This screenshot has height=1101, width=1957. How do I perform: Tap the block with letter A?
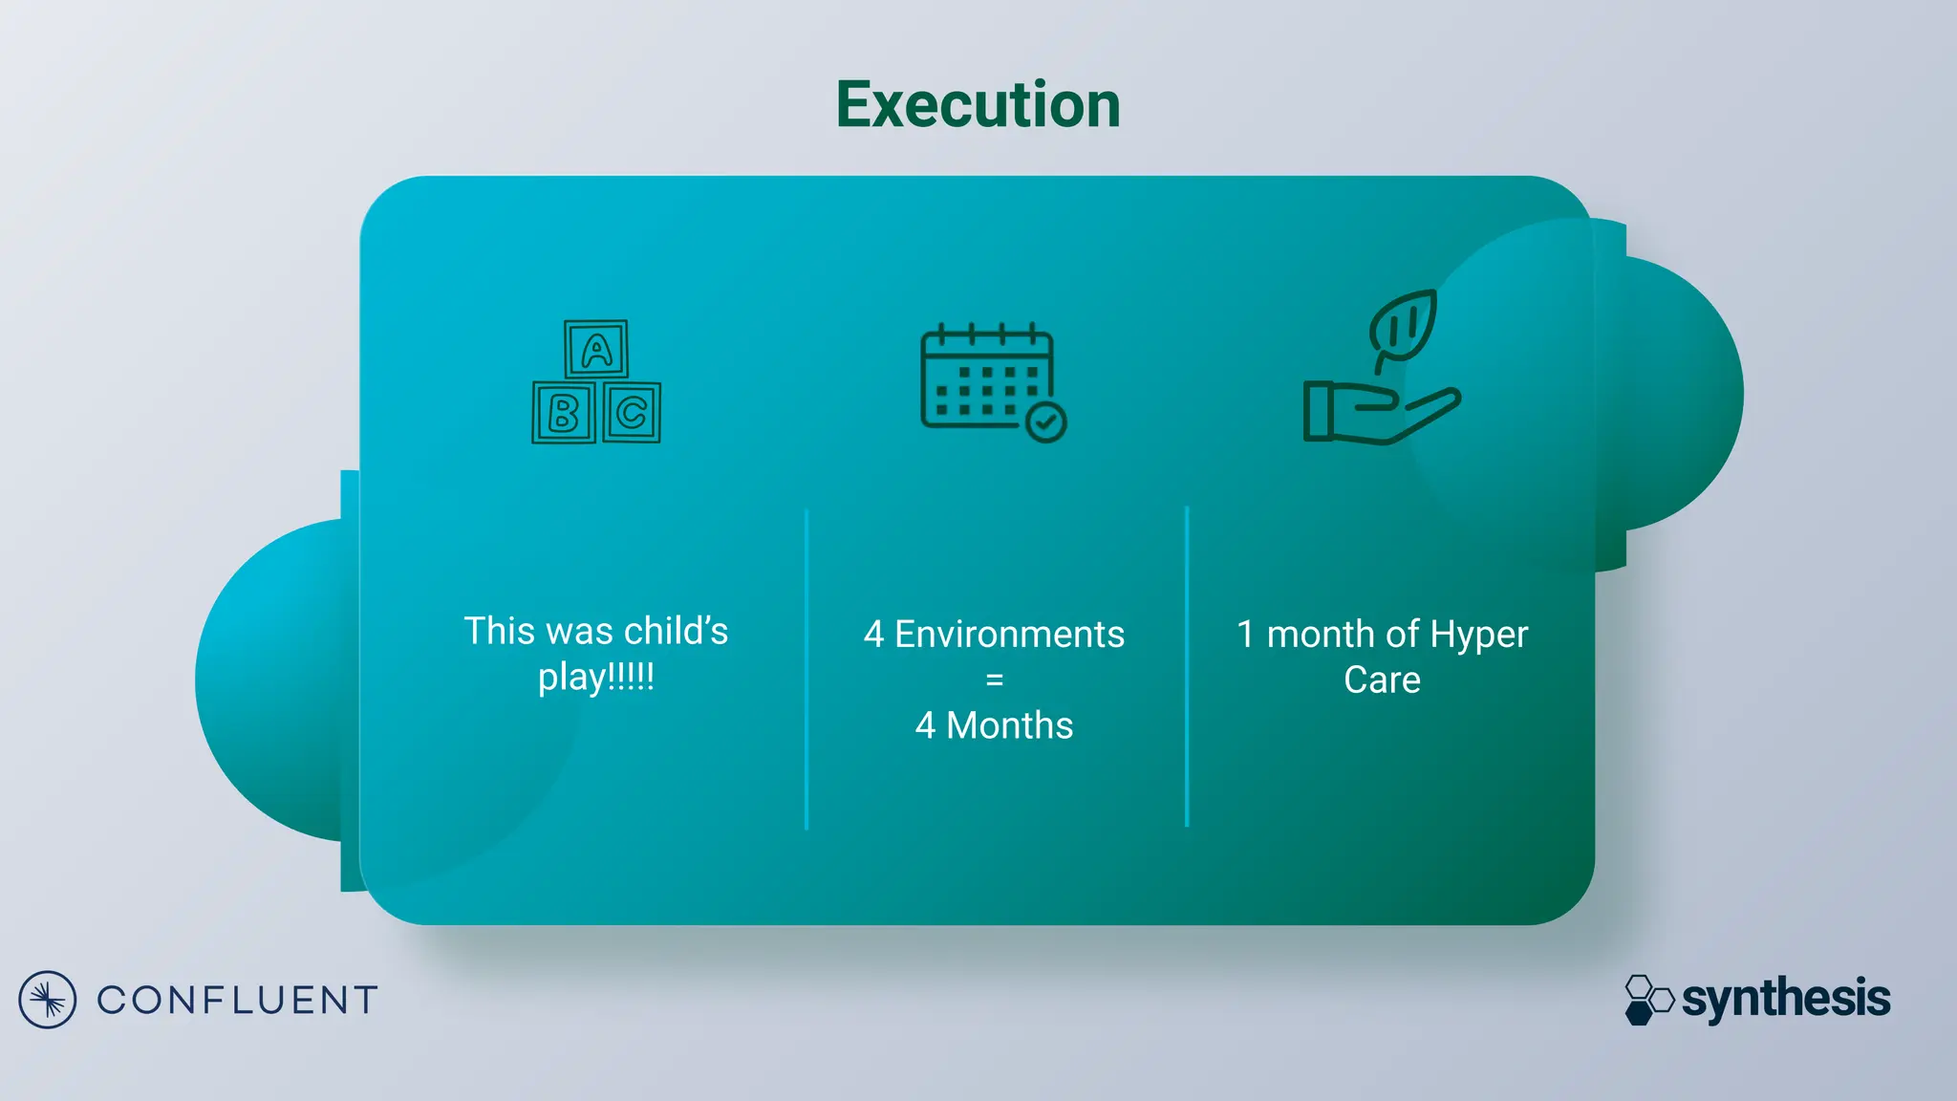[596, 350]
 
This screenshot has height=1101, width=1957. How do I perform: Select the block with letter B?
[564, 413]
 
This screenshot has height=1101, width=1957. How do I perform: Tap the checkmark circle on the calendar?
[1046, 421]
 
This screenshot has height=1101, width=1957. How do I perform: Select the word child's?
[676, 632]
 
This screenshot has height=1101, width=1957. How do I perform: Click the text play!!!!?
[596, 678]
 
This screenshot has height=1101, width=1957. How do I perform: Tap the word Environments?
[1009, 635]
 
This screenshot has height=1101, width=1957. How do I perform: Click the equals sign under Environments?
[994, 680]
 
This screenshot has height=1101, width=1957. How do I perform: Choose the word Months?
[1009, 726]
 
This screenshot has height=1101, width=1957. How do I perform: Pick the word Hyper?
[1478, 636]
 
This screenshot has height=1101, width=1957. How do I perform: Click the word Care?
[1382, 680]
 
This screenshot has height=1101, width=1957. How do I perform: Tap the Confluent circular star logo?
[47, 1000]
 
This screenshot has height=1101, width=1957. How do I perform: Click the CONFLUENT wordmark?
[237, 1001]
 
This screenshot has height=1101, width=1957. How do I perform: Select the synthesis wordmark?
[1785, 999]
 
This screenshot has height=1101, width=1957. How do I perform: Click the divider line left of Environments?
[806, 669]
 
